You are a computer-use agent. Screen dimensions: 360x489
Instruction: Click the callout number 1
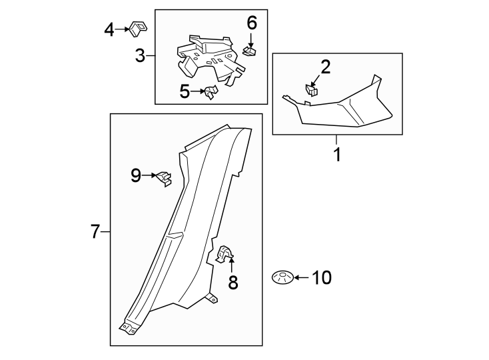click(337, 155)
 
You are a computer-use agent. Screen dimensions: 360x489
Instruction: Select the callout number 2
click(325, 66)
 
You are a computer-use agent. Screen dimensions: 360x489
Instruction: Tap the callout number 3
click(140, 55)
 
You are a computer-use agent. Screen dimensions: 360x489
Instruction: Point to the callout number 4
click(109, 29)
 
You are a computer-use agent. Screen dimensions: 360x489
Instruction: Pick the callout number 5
click(185, 91)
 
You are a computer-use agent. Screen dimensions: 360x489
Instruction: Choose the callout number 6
click(252, 23)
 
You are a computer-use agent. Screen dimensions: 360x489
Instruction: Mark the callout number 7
click(95, 232)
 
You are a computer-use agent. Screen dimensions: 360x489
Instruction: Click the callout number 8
click(233, 283)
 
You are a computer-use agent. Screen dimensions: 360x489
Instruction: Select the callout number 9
click(136, 175)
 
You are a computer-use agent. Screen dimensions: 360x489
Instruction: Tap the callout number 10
click(321, 277)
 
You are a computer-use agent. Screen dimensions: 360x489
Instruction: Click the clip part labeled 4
click(138, 29)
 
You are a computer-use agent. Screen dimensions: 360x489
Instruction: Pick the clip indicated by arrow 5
click(210, 93)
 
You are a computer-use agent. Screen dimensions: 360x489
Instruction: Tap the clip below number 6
click(250, 51)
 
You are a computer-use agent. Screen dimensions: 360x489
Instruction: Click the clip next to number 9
click(164, 178)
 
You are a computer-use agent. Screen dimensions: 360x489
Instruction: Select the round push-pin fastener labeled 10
click(282, 277)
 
